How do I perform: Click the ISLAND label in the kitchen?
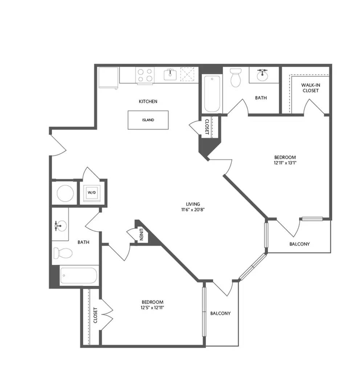point(148,120)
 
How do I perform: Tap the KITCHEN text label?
point(148,101)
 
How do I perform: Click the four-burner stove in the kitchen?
point(145,75)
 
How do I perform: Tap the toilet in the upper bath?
point(236,77)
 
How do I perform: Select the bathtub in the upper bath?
point(212,94)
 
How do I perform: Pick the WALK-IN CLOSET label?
point(310,88)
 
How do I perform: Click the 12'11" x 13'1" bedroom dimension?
point(285,163)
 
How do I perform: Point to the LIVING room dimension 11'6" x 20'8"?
point(193,210)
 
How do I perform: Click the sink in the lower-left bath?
point(60,226)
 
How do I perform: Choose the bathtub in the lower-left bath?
point(78,275)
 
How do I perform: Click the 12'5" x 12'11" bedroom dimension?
point(152,308)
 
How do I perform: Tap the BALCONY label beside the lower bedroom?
point(220,314)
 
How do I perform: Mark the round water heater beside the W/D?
point(65,193)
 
